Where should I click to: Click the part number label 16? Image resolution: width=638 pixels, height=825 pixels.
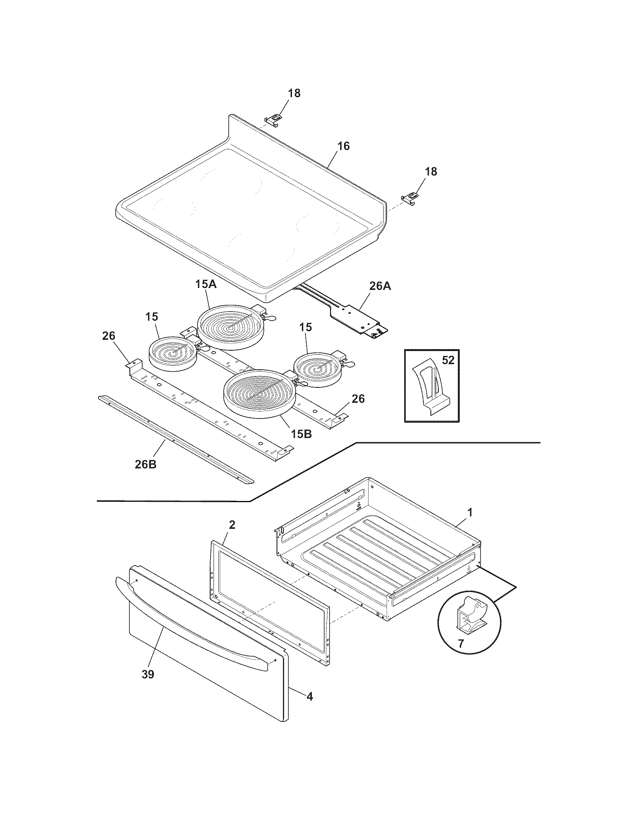point(343,146)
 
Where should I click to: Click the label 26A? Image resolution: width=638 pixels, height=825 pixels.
point(380,286)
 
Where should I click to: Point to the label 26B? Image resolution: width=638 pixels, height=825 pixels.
point(146,464)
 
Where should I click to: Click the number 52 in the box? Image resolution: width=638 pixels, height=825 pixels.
point(448,360)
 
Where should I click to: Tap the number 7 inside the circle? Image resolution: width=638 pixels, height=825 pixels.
point(460,643)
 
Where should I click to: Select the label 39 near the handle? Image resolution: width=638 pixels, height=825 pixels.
point(148,674)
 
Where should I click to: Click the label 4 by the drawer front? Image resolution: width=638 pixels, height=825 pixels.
point(309,696)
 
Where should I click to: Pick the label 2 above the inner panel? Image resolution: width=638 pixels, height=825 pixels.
point(232,524)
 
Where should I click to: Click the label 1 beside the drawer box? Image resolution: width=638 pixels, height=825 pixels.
point(470,513)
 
